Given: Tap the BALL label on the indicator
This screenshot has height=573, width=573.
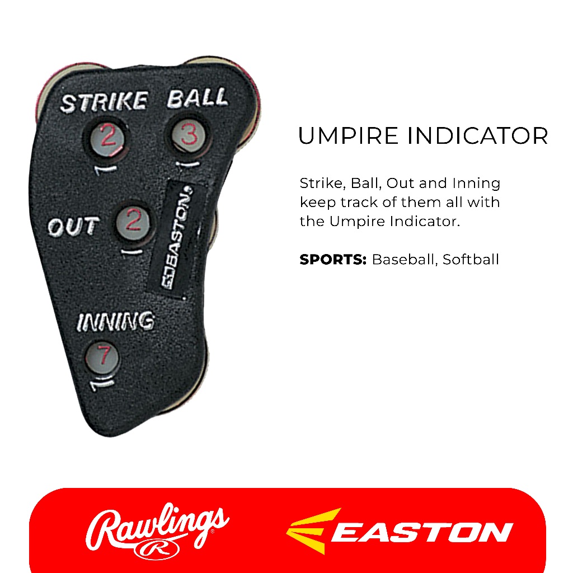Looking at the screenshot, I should [x=198, y=98].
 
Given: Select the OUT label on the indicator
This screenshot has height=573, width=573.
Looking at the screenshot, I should [x=73, y=227].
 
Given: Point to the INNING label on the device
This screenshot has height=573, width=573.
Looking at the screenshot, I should [x=115, y=321].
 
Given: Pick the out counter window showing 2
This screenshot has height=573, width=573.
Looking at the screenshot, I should [x=134, y=222].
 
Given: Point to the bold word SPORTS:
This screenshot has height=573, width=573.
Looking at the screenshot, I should [x=333, y=260].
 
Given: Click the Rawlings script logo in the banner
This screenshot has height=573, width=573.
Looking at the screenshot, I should [x=156, y=525].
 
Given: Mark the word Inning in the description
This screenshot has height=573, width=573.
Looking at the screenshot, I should [x=476, y=183].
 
